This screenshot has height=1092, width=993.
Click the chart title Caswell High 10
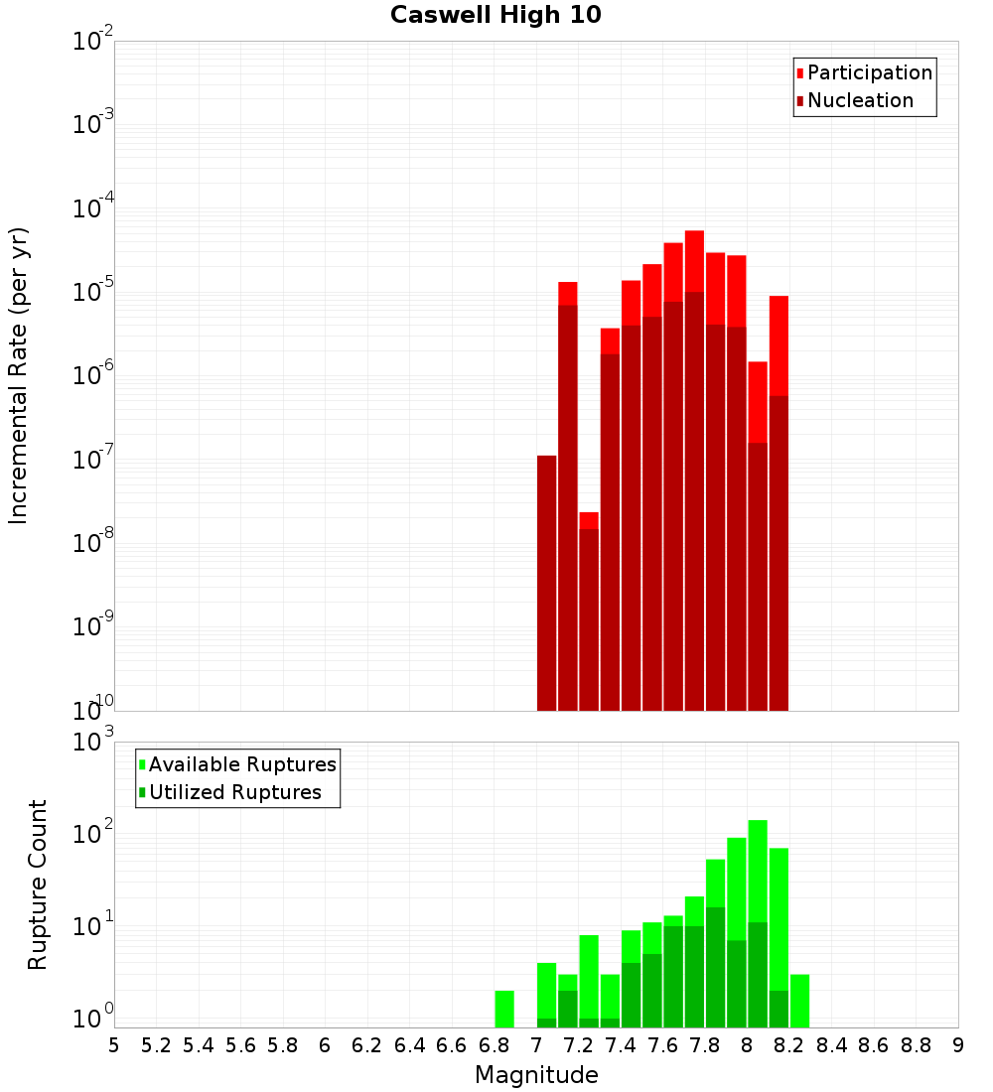(496, 15)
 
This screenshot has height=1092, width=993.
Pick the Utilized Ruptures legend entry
(234, 792)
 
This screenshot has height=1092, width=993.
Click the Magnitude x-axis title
(536, 1075)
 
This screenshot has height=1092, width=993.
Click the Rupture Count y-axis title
(38, 885)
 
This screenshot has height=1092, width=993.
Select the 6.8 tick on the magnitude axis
(494, 1045)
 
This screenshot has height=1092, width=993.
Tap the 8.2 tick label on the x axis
(789, 1045)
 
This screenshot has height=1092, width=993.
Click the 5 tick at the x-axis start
(114, 1045)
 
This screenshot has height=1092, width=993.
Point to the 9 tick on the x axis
(958, 1045)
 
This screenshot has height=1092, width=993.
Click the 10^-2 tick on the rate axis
(93, 42)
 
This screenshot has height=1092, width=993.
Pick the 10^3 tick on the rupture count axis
(93, 743)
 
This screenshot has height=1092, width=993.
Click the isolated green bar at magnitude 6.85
(504, 1009)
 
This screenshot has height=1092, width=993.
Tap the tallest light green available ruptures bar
(758, 874)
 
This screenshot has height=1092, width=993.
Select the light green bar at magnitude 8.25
(799, 1001)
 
